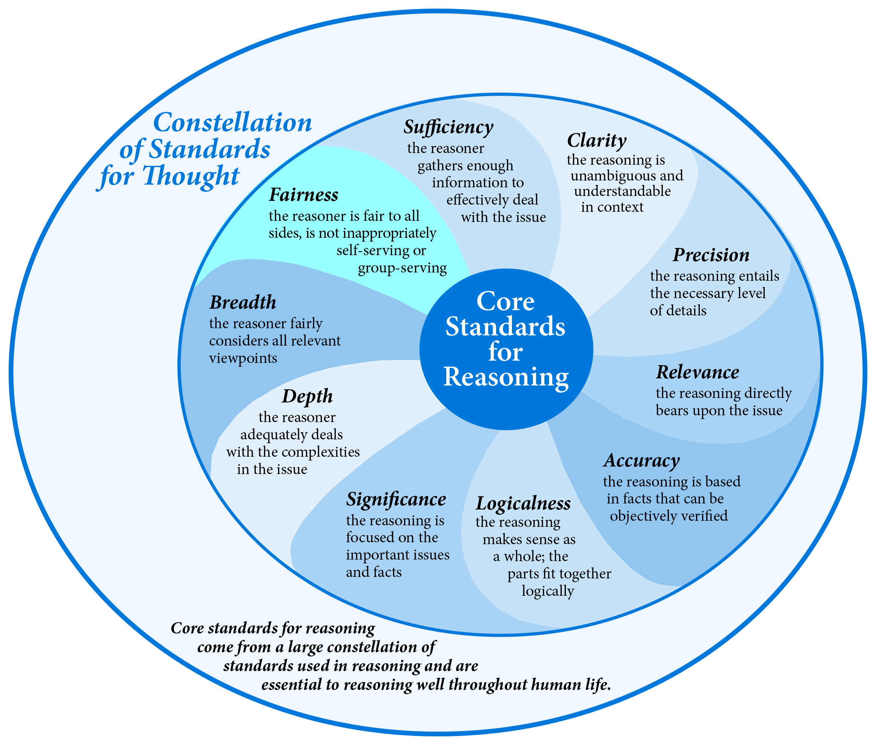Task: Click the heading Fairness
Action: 304,195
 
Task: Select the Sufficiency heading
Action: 449,127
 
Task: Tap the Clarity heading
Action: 596,141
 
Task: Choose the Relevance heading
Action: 698,372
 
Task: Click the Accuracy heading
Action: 642,461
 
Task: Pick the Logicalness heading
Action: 523,503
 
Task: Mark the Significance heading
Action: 396,500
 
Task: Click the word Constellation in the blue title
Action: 232,123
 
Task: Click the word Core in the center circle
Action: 506,301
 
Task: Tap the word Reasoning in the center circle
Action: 506,377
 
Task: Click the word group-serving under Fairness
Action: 403,269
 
